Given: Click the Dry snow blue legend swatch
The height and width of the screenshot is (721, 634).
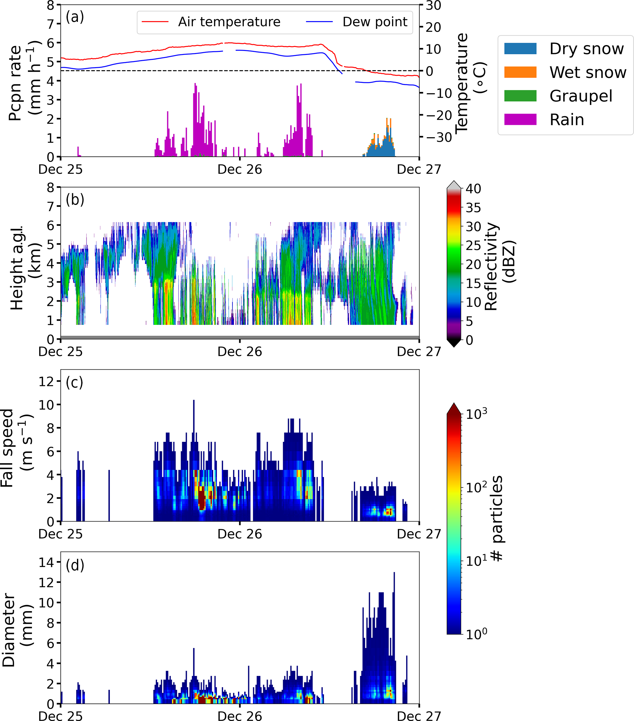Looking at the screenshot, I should pos(520,49).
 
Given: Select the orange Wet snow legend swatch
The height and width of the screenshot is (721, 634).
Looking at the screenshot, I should pos(520,72).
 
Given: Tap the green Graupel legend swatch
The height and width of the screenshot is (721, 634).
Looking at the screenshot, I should pos(520,96).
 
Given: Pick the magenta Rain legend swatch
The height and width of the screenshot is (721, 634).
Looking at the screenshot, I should pos(520,120).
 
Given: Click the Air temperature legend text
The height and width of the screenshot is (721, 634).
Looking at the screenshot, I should pos(229,22).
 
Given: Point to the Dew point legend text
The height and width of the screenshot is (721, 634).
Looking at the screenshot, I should pos(375,22).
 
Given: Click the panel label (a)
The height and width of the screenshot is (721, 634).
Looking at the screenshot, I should pos(75,17).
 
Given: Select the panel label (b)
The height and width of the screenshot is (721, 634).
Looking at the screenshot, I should pos(75,200).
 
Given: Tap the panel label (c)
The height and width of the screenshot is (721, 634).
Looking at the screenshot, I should pos(75,382).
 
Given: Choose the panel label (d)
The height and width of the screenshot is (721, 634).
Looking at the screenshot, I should pos(75,565).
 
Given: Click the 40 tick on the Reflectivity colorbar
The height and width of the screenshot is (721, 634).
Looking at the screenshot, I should pos(473,189).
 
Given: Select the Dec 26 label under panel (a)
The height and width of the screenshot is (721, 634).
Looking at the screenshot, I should pos(240,170).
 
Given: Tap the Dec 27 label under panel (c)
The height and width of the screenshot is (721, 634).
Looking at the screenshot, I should pos(419,534).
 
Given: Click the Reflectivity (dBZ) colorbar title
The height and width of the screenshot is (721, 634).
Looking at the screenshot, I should pos(500,266).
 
